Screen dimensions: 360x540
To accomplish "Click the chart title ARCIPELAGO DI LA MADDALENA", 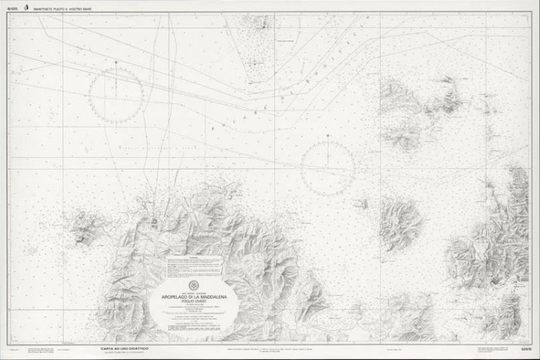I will point(193,297).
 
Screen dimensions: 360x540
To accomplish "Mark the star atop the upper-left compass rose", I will point(116,63).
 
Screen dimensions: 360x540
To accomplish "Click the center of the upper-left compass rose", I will point(116,95).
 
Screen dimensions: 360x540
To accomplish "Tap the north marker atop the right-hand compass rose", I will point(328,135).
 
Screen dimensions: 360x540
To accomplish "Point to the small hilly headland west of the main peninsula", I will point(83,228).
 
